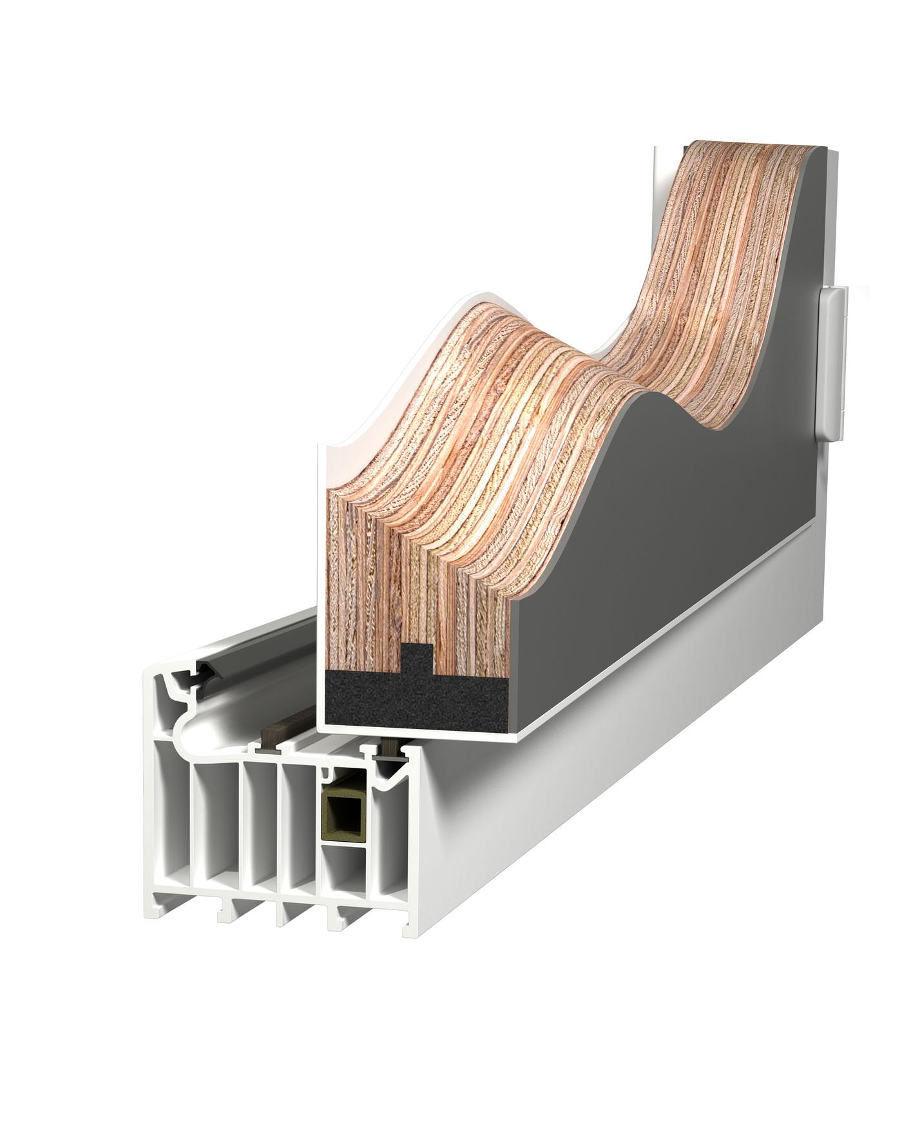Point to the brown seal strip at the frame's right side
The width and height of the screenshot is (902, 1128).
390,749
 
